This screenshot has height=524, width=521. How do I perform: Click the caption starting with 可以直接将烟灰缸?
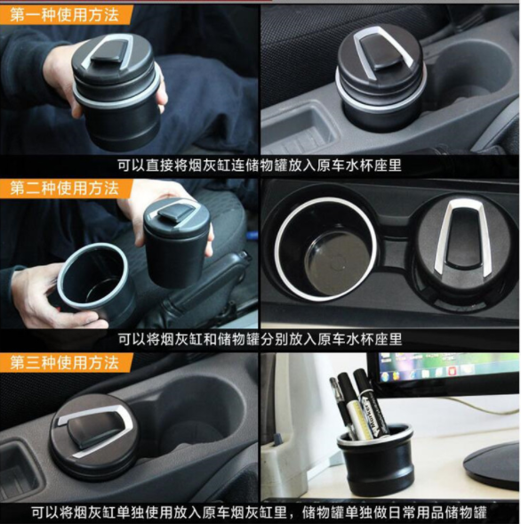tap(259, 165)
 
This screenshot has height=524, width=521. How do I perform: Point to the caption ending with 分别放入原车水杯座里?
tap(259, 339)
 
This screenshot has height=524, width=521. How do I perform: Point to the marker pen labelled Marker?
tap(368, 404)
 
